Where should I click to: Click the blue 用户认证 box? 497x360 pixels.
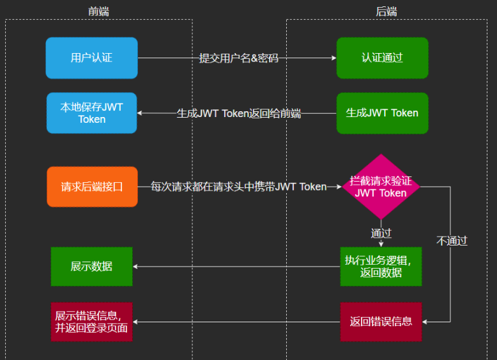(x=91, y=58)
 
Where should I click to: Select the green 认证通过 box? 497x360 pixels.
(x=382, y=58)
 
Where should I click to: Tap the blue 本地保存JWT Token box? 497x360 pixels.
(x=91, y=113)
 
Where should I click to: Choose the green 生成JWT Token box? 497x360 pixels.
(x=382, y=113)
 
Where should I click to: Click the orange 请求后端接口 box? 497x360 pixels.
(x=91, y=187)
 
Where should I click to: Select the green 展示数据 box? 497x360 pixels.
(x=91, y=266)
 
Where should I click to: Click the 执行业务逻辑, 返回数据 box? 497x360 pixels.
(x=381, y=266)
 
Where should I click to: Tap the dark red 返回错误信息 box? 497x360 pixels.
(x=381, y=322)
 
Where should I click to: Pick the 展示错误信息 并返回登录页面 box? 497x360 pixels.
(x=91, y=322)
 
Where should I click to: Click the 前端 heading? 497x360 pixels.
(x=98, y=11)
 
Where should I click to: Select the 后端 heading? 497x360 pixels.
(x=386, y=11)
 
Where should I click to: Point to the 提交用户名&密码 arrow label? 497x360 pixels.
(x=238, y=58)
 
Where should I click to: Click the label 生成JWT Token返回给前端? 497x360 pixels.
(x=238, y=114)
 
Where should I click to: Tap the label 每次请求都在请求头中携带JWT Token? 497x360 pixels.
(x=238, y=187)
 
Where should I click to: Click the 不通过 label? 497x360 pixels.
(x=452, y=241)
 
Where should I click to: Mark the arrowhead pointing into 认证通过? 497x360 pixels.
(x=333, y=58)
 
